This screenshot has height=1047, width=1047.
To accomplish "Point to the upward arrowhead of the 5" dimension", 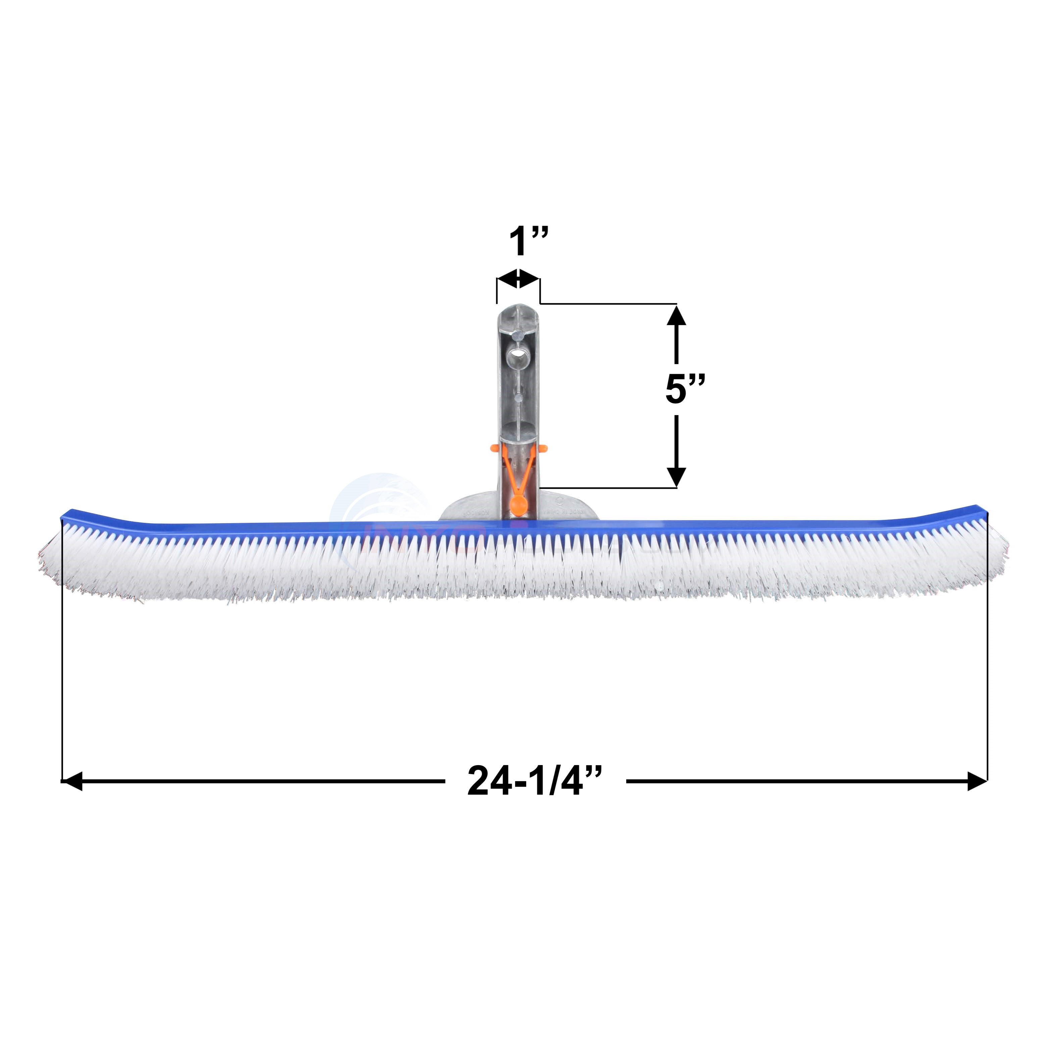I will tap(676, 316).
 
